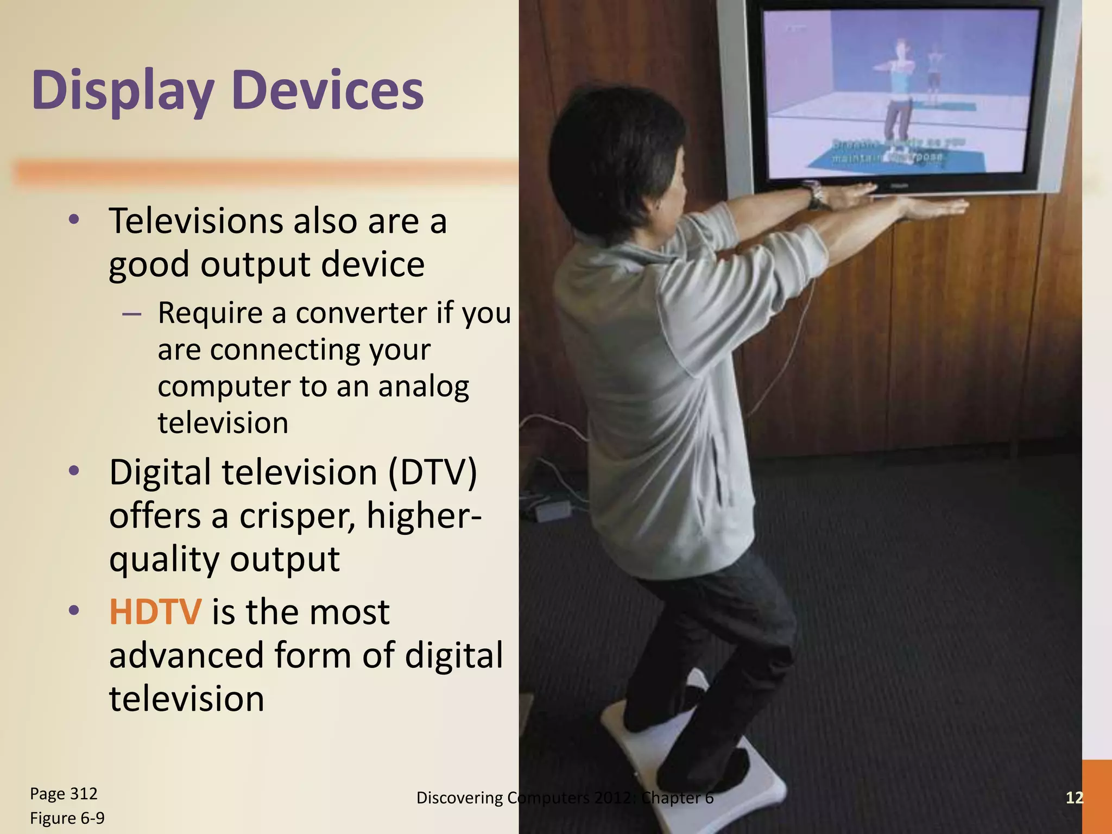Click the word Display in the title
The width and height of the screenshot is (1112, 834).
coord(123,91)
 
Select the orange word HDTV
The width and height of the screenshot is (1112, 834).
coord(155,612)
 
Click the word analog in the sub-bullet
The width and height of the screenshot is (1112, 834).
coord(424,387)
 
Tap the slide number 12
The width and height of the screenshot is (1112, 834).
coord(1074,797)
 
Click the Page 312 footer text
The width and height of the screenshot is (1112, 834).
coord(64,794)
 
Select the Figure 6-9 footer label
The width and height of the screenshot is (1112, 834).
coord(67,818)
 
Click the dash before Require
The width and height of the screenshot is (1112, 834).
coord(132,314)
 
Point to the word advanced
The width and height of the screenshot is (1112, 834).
coord(186,655)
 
